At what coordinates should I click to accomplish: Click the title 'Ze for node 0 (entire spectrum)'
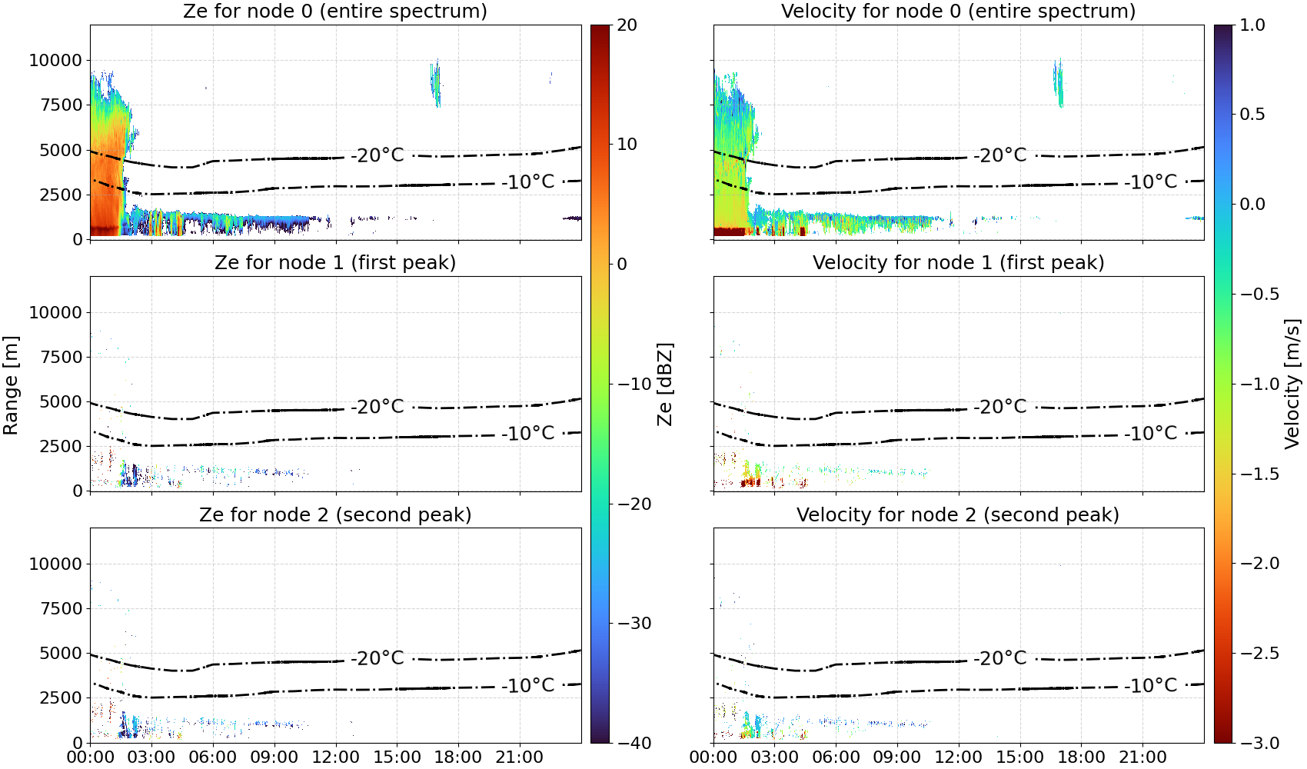335,11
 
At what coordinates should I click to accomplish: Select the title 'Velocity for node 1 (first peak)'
958,262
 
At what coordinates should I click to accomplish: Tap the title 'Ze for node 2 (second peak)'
335,514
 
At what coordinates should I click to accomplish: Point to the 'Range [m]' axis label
11,384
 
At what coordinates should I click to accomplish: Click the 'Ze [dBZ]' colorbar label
664,384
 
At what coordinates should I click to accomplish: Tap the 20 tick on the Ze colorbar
627,25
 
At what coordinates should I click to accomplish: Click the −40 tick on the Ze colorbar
633,743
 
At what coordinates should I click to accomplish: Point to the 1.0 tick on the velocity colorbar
1252,25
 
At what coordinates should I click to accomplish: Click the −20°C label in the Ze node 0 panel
377,155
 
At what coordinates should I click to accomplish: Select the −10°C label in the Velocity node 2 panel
1151,685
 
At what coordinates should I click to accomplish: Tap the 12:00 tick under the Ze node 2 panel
335,757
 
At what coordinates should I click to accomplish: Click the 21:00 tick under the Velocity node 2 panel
1142,757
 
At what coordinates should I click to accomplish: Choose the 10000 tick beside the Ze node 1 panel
55,312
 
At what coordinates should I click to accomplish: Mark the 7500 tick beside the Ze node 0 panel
61,105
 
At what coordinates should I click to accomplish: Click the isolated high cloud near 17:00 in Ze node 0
435,82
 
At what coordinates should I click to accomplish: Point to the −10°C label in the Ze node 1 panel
527,434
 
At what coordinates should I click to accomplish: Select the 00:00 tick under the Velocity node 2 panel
713,757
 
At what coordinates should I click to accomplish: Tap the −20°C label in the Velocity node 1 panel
1000,407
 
